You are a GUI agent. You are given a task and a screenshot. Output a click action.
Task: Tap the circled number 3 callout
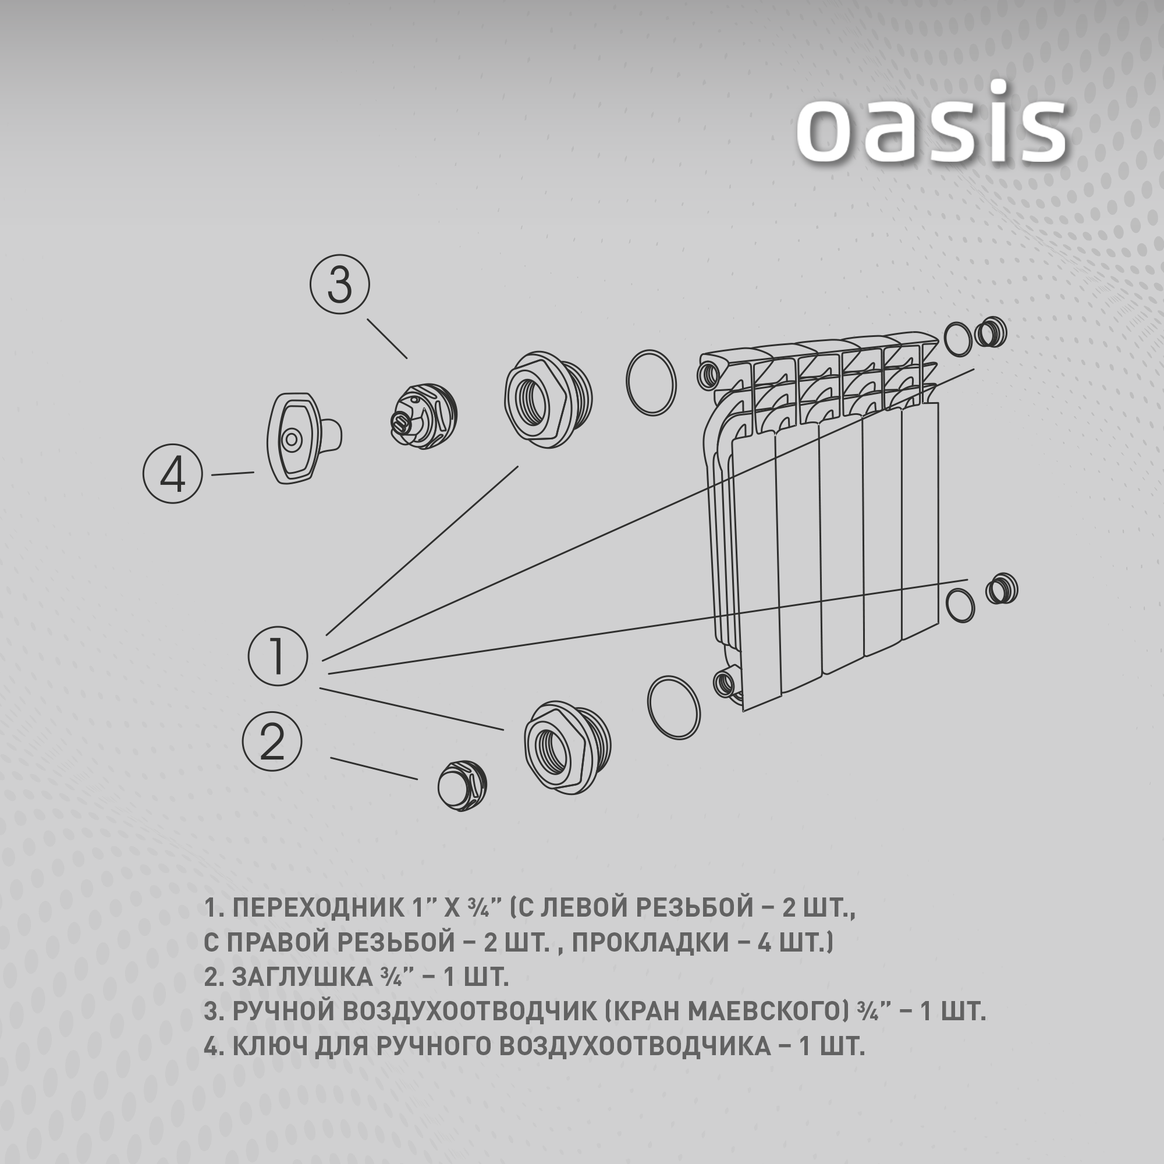click(x=340, y=285)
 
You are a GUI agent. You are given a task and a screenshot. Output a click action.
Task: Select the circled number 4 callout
click(x=172, y=474)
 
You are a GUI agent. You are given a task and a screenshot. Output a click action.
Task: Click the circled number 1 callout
click(x=278, y=656)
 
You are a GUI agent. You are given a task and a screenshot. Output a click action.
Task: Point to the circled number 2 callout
click(x=272, y=741)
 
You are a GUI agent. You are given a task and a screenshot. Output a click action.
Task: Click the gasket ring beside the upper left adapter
click(x=651, y=382)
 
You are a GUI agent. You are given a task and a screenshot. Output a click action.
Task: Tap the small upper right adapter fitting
click(x=990, y=332)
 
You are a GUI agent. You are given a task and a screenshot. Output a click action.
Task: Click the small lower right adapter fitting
click(x=1001, y=589)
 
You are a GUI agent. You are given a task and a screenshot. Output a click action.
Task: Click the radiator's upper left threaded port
click(x=708, y=374)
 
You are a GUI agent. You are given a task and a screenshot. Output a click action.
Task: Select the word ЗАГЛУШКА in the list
click(x=303, y=994)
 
